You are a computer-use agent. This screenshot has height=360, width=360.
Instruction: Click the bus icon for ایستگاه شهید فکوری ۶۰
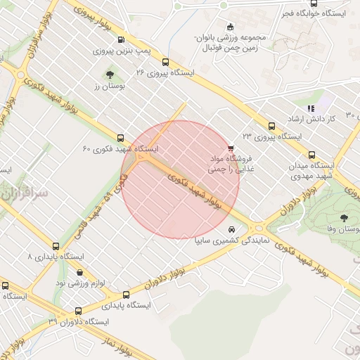coord(122,138)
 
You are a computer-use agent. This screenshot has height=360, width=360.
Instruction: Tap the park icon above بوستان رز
coord(109,74)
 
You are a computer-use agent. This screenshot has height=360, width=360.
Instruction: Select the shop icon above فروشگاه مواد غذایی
coord(231,147)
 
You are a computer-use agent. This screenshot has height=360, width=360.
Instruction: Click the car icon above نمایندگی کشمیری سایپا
coord(231,229)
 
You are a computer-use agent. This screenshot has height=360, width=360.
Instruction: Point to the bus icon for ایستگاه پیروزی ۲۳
coord(271,126)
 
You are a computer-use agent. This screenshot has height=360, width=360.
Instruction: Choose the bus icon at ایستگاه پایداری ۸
coord(56,246)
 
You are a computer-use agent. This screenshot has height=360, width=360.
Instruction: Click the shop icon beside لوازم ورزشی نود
coord(79,272)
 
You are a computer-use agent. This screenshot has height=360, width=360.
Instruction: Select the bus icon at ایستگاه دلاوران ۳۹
coord(77,311)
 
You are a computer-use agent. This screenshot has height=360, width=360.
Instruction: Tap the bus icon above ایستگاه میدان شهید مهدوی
coord(311,155)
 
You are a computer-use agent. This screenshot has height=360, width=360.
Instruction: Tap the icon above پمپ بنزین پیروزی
coord(122,40)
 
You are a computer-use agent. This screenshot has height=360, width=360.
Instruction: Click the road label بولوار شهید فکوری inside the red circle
coord(195,191)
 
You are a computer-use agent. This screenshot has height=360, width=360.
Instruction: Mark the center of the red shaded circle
coord(181,179)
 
